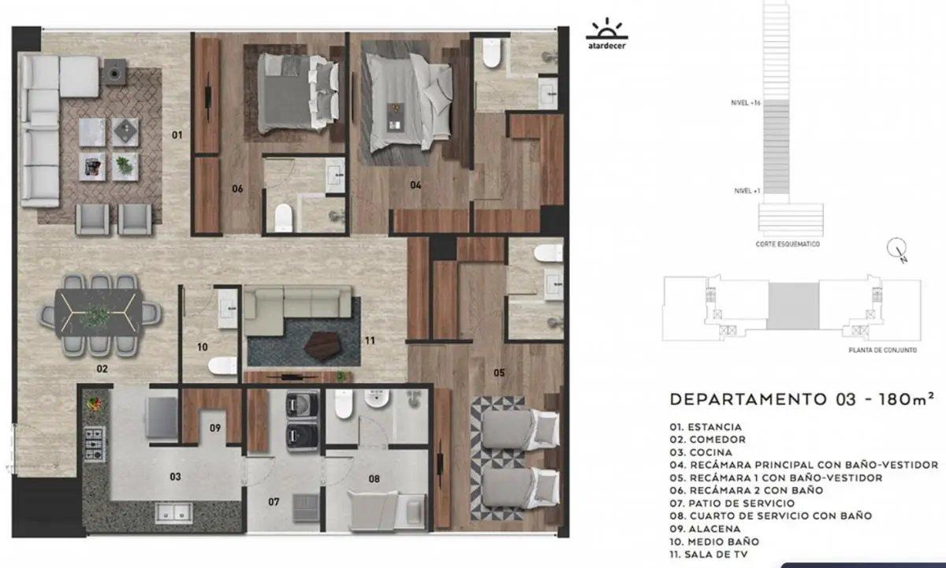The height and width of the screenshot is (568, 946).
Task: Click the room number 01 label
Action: click(177, 135)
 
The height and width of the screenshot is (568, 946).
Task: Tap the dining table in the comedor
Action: click(99, 313)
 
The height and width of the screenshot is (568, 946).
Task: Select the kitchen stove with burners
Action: click(94, 444)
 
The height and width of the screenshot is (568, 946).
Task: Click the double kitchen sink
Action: click(173, 513)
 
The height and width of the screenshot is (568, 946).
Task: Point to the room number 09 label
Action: click(215, 428)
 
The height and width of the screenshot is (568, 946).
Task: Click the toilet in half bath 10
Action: click(222, 366)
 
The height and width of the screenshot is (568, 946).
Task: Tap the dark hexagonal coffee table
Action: click(322, 346)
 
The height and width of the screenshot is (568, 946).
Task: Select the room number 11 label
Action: click(370, 340)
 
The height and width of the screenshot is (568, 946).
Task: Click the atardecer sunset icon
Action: click(607, 33)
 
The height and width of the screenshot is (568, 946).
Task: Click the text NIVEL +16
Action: click(746, 102)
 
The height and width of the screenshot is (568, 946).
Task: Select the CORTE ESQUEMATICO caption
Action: click(788, 244)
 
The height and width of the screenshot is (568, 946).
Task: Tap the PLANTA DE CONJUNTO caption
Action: click(883, 350)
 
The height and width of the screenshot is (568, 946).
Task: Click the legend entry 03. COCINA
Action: click(701, 452)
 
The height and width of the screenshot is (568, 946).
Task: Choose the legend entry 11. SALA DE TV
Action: click(709, 554)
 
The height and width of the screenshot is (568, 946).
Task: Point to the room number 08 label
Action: click(374, 478)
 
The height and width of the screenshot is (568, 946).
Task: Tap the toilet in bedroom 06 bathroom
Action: click(283, 217)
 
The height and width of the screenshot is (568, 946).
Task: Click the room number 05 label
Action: click(499, 373)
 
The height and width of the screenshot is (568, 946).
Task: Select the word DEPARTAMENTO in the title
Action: click(748, 399)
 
